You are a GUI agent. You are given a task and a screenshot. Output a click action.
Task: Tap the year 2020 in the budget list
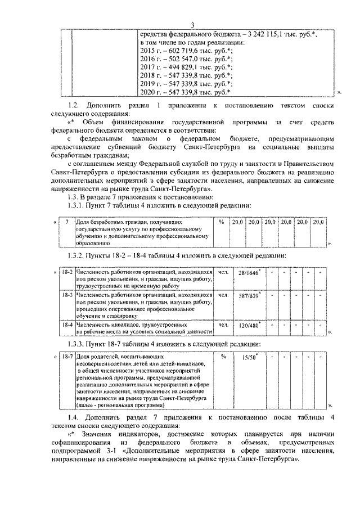coord(147,91)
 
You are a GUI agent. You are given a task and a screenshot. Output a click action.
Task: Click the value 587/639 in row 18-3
coord(247,296)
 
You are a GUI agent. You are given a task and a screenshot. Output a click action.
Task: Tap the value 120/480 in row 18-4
coord(247,326)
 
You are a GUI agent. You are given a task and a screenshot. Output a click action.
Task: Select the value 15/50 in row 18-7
coord(245,358)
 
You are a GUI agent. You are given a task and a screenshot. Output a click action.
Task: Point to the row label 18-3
coord(67,294)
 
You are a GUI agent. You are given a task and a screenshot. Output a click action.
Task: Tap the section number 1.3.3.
coord(77,344)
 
